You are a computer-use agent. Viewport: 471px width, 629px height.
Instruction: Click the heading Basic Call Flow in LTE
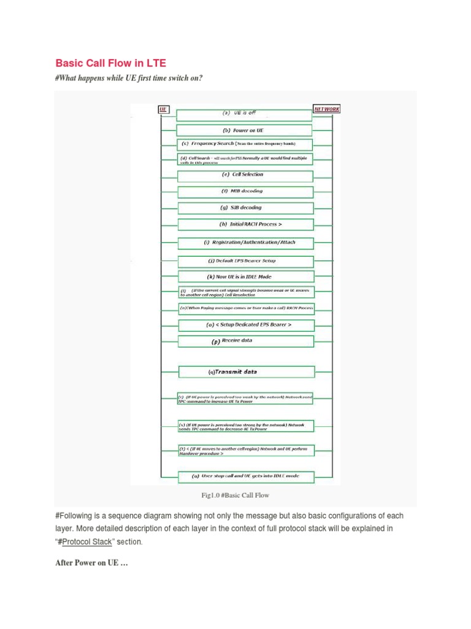click(x=110, y=63)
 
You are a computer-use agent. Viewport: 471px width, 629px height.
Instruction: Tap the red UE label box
click(x=163, y=109)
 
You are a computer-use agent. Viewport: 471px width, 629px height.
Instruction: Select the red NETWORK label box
click(x=326, y=109)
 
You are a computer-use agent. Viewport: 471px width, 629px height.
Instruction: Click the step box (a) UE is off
click(x=244, y=114)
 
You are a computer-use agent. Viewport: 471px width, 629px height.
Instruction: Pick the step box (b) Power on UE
click(x=244, y=130)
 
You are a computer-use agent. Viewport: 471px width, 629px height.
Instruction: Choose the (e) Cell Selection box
click(x=245, y=176)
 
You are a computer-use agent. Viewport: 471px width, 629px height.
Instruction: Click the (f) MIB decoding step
click(x=245, y=192)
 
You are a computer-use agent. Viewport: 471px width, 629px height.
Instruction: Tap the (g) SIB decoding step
click(x=245, y=208)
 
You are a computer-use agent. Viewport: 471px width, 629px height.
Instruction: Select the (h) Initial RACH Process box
click(x=245, y=225)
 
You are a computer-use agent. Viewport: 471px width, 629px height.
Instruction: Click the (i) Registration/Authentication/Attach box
click(x=245, y=243)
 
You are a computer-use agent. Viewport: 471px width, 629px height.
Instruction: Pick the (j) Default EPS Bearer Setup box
click(x=245, y=261)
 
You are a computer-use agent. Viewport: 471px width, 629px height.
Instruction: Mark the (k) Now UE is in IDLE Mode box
click(x=245, y=277)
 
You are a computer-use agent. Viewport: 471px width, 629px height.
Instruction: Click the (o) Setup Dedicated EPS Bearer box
click(x=245, y=325)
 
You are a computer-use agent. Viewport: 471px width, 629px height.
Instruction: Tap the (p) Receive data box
click(x=245, y=341)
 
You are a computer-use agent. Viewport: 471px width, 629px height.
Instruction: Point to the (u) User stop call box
click(x=245, y=476)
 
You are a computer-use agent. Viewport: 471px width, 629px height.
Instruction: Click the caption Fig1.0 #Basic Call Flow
click(x=235, y=495)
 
